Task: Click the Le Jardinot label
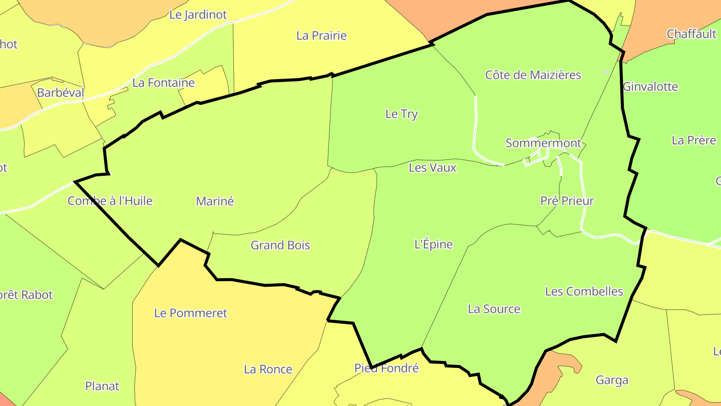[x=198, y=15]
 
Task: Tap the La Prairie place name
[x=321, y=36]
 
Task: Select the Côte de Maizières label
[x=533, y=75]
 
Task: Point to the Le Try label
[x=402, y=114]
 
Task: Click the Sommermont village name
[x=543, y=143]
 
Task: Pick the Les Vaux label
[x=433, y=168]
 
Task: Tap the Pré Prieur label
[x=567, y=201]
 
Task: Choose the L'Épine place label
[x=434, y=245]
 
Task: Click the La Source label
[x=494, y=309]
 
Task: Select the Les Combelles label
[x=584, y=291]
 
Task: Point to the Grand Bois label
[x=280, y=246]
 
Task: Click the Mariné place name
[x=215, y=201]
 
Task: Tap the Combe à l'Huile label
[x=110, y=201]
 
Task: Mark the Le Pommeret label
[x=190, y=313]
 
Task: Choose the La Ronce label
[x=268, y=369]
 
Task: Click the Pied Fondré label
[x=386, y=368]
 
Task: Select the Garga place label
[x=612, y=380]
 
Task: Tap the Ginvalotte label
[x=650, y=87]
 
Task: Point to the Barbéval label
[x=61, y=93]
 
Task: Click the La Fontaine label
[x=163, y=83]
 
